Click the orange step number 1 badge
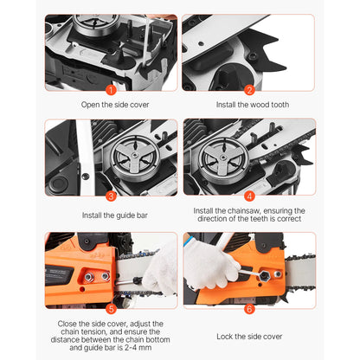(110, 88)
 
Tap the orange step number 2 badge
(249, 88)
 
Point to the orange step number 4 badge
(249, 196)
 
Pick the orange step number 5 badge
(110, 306)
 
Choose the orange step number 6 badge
(249, 307)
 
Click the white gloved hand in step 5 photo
(161, 273)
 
